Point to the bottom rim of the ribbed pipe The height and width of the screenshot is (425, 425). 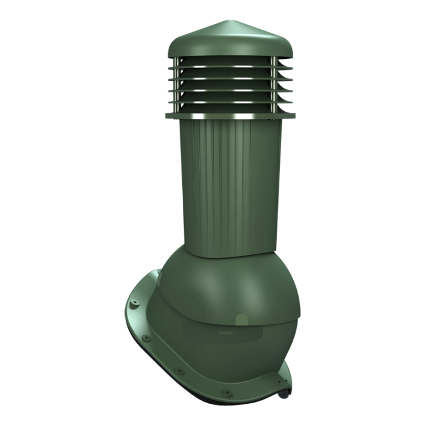coord(225,255)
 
